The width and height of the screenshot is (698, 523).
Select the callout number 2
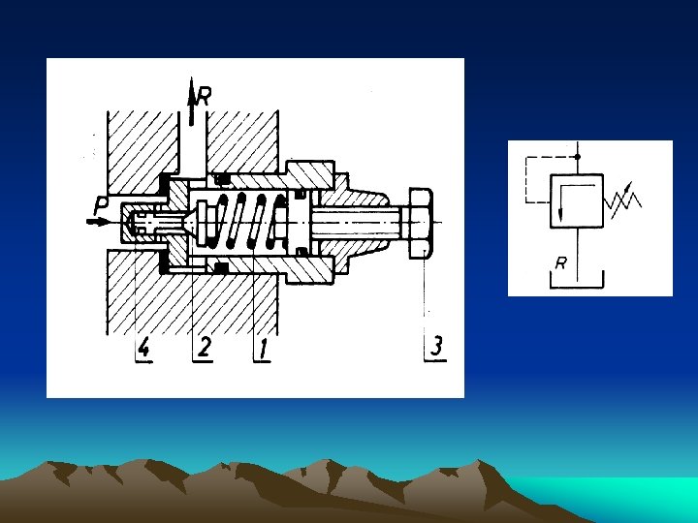[x=204, y=347]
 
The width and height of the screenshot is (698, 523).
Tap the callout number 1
[x=263, y=348]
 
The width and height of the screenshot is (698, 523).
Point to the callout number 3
[x=436, y=346]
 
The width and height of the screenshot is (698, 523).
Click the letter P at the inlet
[x=101, y=205]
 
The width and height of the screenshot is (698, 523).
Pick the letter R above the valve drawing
[x=204, y=96]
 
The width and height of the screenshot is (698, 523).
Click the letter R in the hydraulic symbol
[x=560, y=263]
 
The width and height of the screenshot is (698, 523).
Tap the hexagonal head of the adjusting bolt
[x=421, y=224]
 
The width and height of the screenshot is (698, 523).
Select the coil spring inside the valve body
[x=245, y=221]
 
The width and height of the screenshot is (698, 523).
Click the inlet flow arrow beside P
[x=98, y=222]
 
